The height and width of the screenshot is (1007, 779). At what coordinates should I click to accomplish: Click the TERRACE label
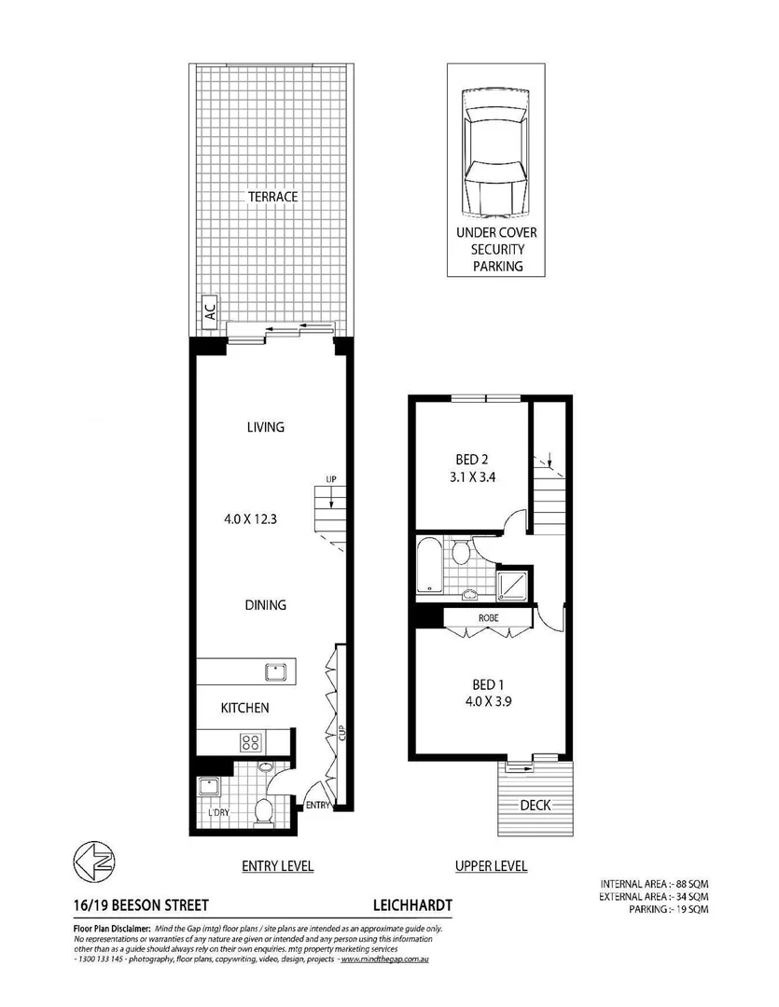[x=272, y=197]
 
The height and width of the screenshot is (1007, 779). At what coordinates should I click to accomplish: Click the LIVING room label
[x=265, y=427]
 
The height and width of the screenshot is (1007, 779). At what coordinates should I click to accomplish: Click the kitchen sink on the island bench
[x=274, y=671]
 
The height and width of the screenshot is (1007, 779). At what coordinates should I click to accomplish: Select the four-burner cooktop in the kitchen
[x=251, y=742]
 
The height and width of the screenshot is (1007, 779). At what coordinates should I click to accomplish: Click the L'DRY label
[x=218, y=813]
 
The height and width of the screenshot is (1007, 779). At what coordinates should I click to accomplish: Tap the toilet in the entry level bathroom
[x=263, y=809]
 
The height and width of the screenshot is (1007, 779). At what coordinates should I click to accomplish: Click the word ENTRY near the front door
[x=317, y=806]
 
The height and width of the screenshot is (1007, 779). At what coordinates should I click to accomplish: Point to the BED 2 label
[x=472, y=459]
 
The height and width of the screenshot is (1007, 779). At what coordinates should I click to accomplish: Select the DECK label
[x=534, y=805]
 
